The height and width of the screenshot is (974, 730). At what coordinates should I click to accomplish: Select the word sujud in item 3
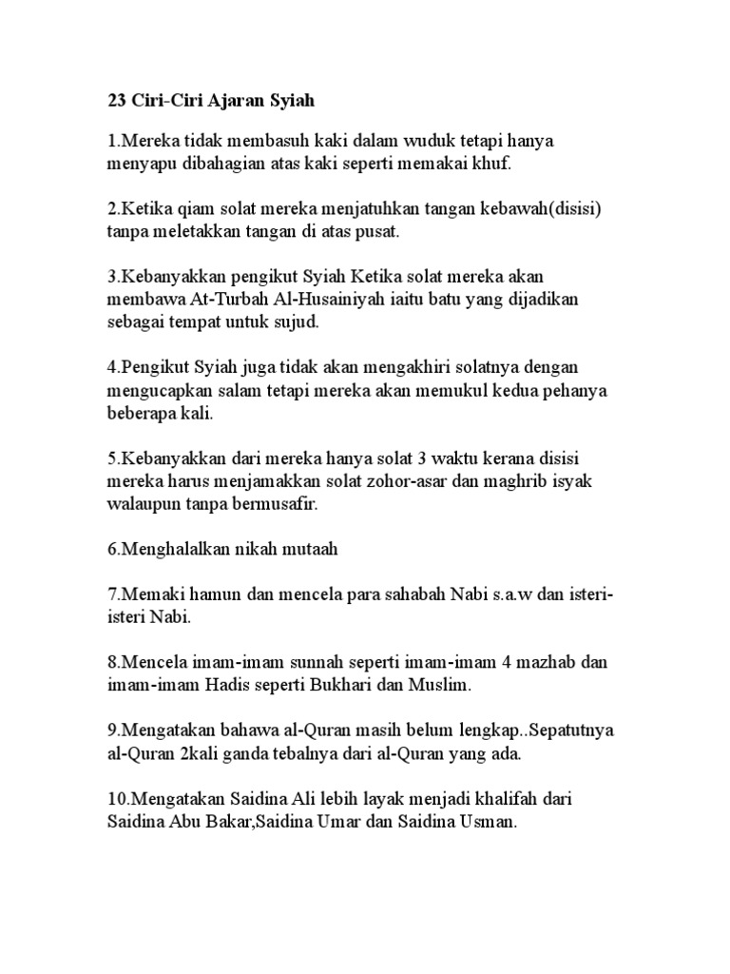click(298, 321)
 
